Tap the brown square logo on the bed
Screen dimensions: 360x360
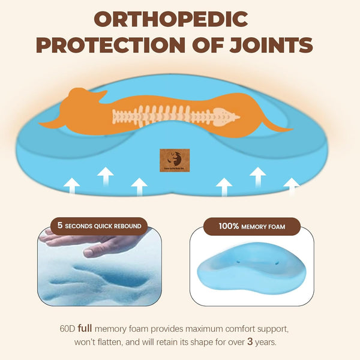(x=174, y=161)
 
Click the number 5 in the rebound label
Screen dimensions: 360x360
(x=59, y=226)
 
